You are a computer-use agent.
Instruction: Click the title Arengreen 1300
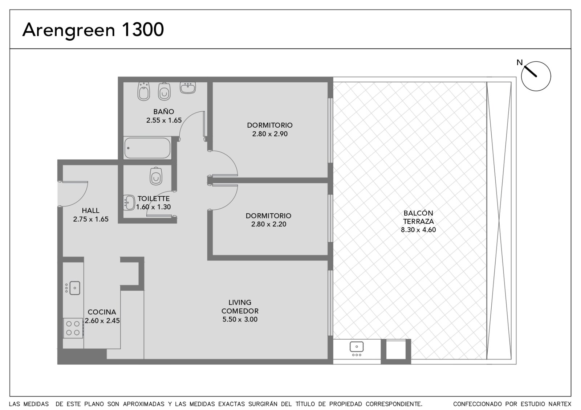(93, 30)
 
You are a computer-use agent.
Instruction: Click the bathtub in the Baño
(147, 148)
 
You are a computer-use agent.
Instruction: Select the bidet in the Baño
(144, 91)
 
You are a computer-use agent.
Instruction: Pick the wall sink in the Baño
(188, 87)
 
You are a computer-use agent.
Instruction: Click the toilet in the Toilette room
(156, 176)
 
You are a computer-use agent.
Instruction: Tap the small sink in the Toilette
(129, 202)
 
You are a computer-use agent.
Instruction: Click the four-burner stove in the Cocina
(73, 328)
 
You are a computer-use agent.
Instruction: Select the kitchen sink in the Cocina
(72, 288)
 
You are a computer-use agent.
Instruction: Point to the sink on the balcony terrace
(357, 349)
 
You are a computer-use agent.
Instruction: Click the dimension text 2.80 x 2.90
(270, 134)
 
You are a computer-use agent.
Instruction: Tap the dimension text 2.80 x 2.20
(268, 224)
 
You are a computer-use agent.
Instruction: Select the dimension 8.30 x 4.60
(418, 230)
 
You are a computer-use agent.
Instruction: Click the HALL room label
(90, 210)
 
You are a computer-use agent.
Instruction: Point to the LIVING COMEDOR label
(240, 307)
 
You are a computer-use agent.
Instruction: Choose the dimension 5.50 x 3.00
(240, 319)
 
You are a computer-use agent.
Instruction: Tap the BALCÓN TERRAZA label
(418, 217)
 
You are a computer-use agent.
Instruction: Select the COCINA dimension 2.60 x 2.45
(102, 321)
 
